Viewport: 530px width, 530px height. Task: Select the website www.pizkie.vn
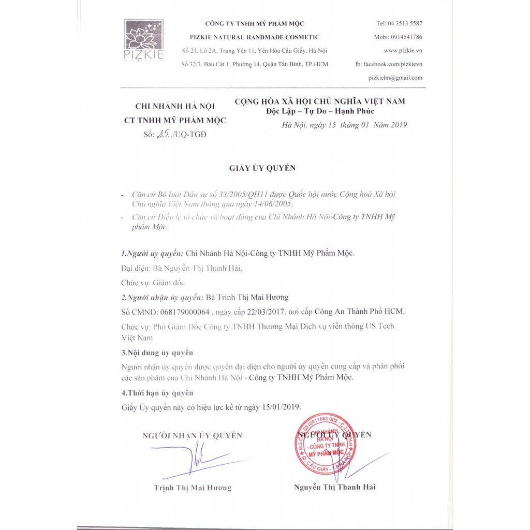403,51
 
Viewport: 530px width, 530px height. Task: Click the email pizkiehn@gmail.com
395,78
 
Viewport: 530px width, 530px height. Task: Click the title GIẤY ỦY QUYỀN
262,168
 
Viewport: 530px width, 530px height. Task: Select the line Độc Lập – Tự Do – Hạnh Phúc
316,111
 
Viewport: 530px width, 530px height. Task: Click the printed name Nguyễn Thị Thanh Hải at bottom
334,487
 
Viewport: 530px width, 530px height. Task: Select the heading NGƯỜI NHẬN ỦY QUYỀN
192,436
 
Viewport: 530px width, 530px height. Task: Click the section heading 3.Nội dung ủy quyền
157,352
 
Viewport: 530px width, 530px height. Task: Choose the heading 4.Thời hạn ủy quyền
157,393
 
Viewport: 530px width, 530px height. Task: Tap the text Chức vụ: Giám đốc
154,283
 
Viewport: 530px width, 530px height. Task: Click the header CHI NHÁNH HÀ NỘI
174,107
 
